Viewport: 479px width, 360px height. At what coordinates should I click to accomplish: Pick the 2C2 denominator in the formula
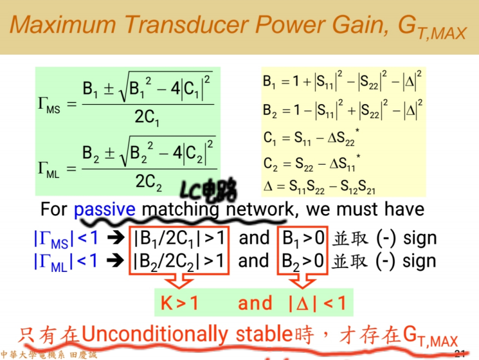tap(148, 182)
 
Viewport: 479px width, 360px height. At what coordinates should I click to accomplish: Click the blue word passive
tap(105, 210)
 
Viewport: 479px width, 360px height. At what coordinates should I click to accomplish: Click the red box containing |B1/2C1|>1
tap(179, 238)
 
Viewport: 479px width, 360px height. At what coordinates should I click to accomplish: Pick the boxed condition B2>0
tap(303, 260)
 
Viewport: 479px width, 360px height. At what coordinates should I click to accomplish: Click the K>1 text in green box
tap(179, 303)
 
